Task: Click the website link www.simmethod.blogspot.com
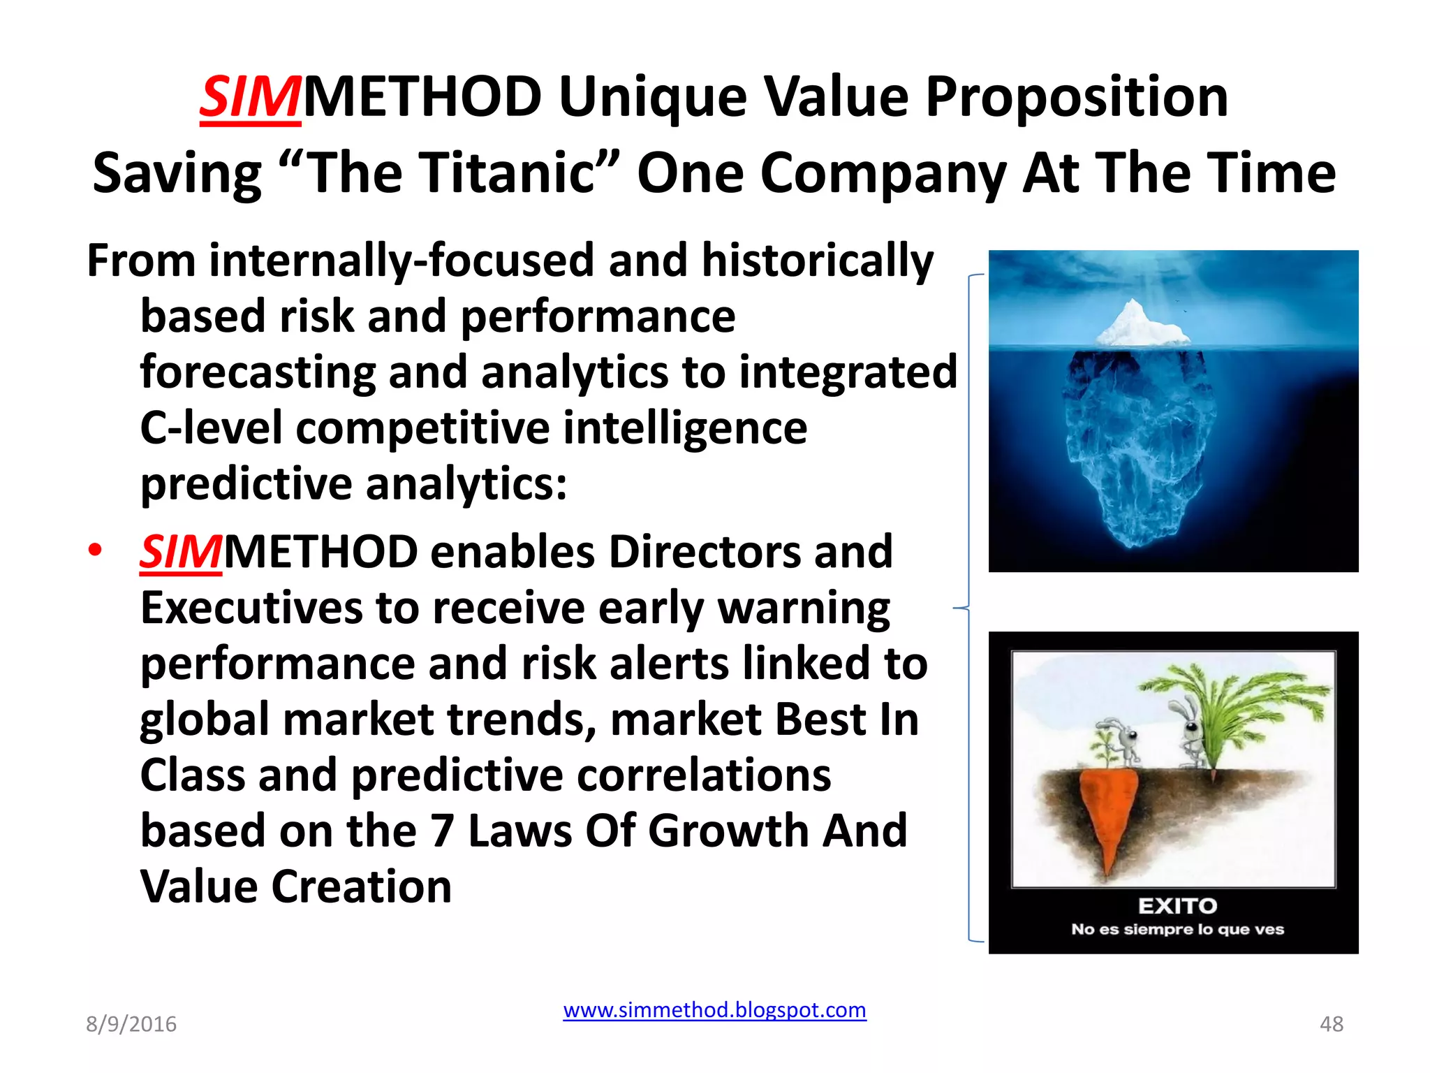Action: tap(714, 1010)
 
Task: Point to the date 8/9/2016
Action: tap(131, 1024)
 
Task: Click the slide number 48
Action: tap(1331, 1024)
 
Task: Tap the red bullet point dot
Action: tap(95, 550)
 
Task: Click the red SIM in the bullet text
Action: tap(180, 552)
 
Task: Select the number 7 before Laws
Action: tap(441, 831)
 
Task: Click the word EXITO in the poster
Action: tap(1177, 906)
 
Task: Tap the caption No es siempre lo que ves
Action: tap(1177, 929)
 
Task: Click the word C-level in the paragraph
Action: tap(211, 428)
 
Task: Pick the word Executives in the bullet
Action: tap(251, 608)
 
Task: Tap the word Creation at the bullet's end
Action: tap(361, 886)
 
